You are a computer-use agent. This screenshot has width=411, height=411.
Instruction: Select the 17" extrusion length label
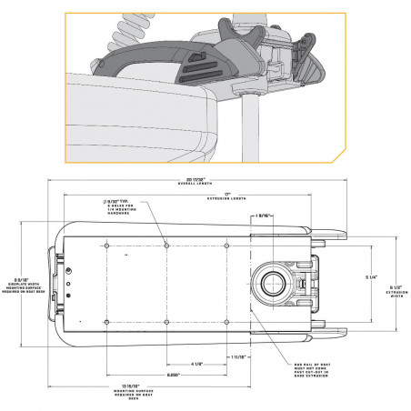pyautogui.click(x=236, y=192)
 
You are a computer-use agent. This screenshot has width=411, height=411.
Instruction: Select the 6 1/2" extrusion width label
pyautogui.click(x=396, y=289)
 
